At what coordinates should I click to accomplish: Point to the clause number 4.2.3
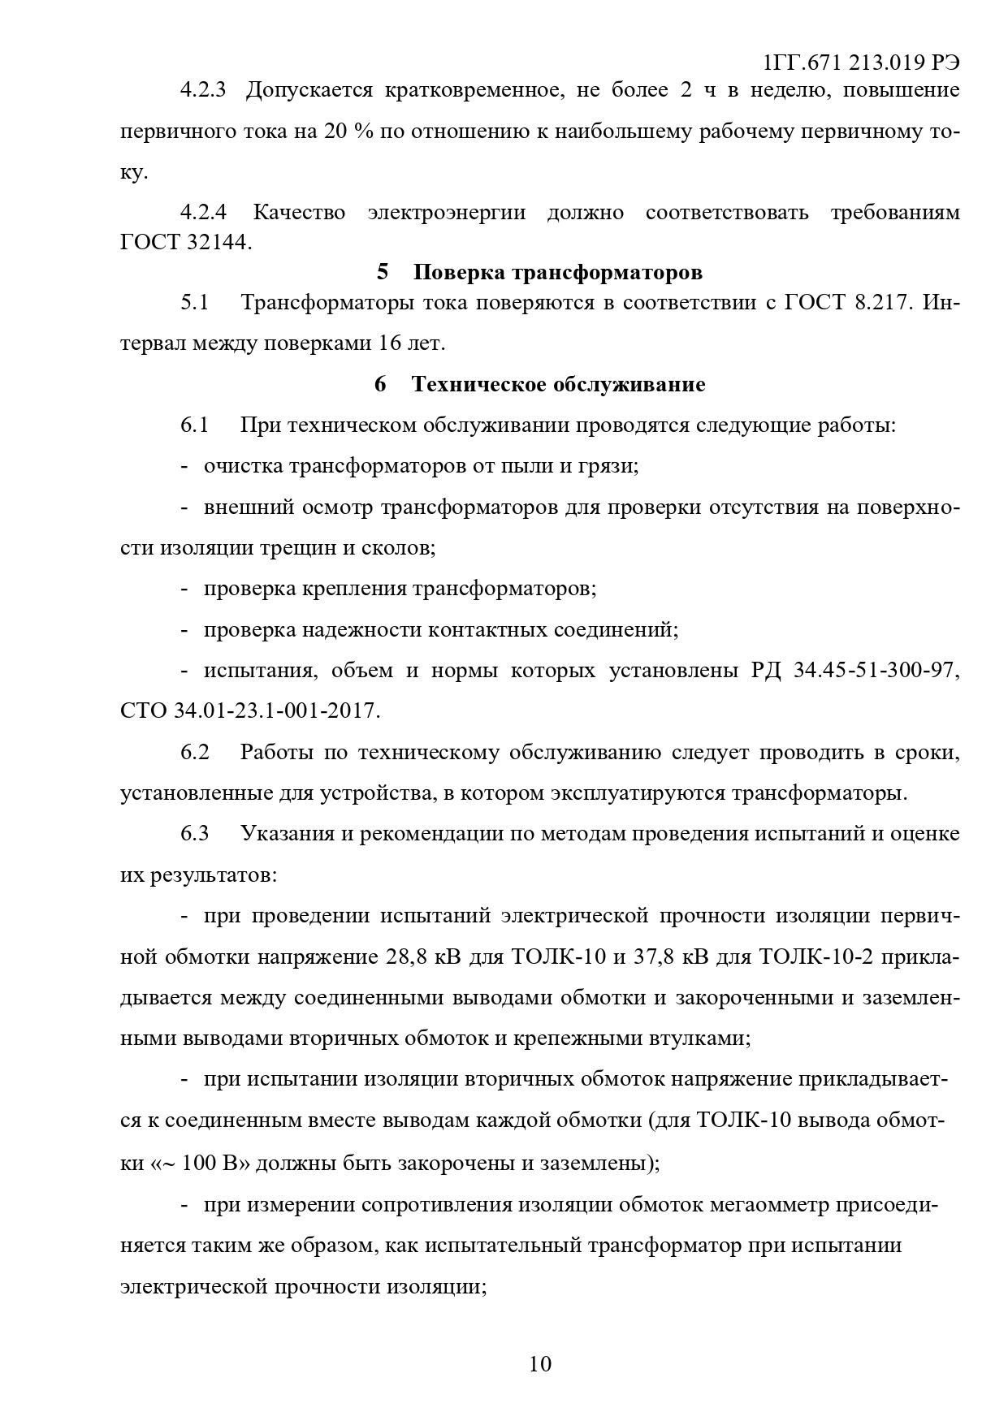202,89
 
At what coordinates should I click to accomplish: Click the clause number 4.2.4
202,213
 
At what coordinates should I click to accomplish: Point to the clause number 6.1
195,425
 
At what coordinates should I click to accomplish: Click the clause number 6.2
195,752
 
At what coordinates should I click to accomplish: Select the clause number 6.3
195,834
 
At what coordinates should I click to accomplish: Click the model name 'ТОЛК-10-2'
815,956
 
